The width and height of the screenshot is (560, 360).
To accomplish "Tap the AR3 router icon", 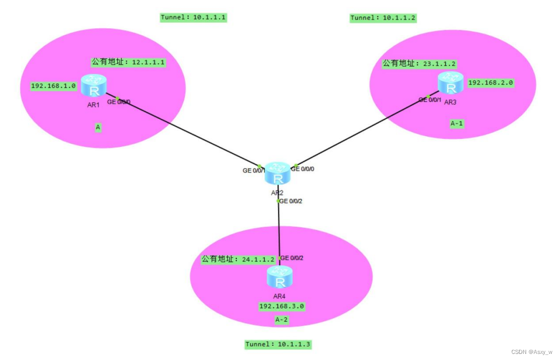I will pos(451,83).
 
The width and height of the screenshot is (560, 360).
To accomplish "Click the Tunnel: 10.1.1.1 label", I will pos(193,18).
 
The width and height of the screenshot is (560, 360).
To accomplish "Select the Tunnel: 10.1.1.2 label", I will pos(383,18).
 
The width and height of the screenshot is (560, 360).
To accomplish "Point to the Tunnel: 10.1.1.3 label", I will pos(278,344).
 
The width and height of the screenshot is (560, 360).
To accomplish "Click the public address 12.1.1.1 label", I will pos(129,62).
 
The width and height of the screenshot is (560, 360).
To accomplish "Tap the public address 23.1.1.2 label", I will pos(419,64).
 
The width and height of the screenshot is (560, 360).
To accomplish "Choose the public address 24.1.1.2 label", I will pos(238,259).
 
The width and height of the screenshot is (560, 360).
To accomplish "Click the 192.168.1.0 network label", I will pos(53,86).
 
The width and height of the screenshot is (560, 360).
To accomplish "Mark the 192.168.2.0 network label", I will pos(491,83).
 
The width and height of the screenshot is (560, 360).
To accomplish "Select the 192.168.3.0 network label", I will pos(282,306).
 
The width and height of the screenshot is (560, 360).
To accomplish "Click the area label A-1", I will pos(457,123).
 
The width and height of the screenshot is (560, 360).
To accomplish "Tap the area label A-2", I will pos(282,320).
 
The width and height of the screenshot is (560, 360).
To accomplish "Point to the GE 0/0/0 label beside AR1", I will pos(119,102).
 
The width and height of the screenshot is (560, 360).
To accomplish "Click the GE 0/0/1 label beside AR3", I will pos(430,100).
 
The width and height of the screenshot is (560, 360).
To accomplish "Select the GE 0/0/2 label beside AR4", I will pos(292,258).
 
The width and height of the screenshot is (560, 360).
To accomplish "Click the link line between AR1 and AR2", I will pos(187,132).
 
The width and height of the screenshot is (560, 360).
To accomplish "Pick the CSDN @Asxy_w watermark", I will pos(532,352).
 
